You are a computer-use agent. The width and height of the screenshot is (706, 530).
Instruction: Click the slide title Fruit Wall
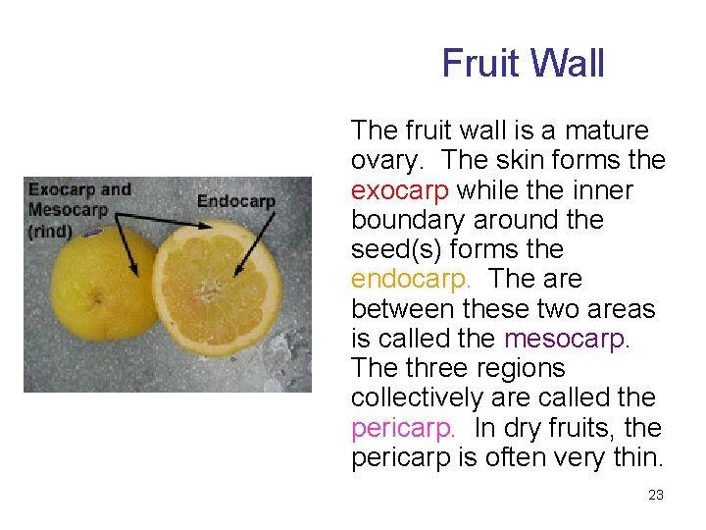pyautogui.click(x=523, y=64)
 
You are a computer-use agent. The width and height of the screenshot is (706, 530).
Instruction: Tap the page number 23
pyautogui.click(x=656, y=495)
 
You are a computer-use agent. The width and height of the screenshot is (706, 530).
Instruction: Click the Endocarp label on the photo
pyautogui.click(x=235, y=201)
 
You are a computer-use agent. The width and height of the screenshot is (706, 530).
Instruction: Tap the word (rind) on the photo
pyautogui.click(x=50, y=232)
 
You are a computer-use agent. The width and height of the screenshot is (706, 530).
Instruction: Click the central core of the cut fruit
pyautogui.click(x=208, y=291)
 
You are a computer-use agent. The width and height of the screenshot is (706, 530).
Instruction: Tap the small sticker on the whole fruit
pyautogui.click(x=91, y=233)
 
